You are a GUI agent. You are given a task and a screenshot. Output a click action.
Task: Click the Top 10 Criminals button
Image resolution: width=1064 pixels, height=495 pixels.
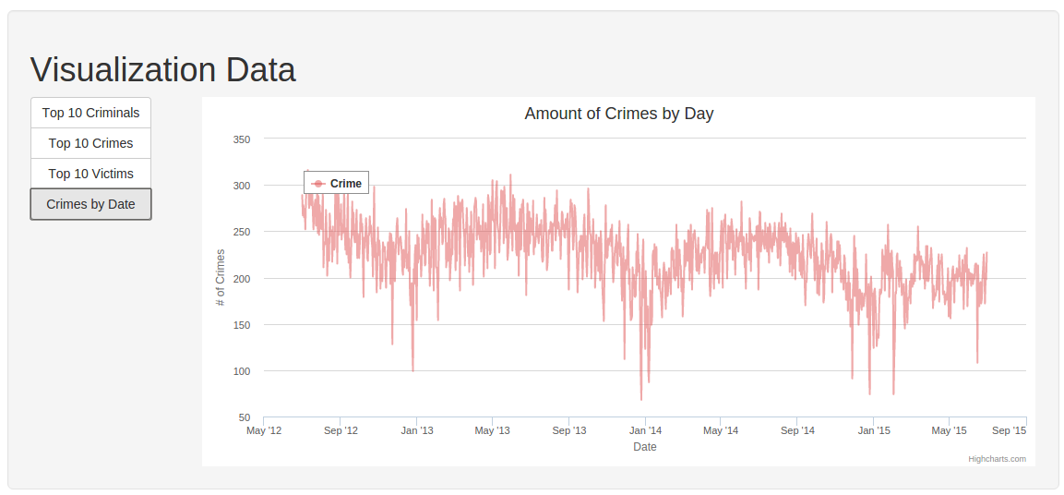91,113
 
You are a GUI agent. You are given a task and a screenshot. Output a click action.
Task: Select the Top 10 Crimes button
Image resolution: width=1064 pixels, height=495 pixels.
91,143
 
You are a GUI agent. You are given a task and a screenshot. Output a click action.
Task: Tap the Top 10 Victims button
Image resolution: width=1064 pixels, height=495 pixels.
91,174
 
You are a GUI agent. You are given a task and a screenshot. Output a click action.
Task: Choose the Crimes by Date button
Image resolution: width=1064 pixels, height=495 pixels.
91,204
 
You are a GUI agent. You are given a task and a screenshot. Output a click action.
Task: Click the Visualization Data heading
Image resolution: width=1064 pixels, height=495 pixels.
162,70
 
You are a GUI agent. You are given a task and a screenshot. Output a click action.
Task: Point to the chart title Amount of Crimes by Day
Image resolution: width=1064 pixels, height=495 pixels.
619,114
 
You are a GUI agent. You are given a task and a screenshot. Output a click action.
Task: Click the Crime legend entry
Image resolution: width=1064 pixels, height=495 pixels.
337,184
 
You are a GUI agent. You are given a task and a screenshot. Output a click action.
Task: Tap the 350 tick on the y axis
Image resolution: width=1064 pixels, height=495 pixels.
243,139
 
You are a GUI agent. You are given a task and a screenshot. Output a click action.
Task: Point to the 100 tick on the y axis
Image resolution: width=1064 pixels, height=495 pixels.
243,371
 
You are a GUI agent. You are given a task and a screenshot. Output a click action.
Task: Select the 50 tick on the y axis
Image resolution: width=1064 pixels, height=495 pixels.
245,417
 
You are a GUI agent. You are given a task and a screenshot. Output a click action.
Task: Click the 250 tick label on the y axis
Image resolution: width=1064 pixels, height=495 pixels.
243,232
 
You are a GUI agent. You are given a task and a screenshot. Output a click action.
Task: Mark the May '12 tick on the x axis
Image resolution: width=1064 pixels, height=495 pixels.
263,430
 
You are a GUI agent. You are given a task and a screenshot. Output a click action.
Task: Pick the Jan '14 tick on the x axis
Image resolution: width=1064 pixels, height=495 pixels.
645,430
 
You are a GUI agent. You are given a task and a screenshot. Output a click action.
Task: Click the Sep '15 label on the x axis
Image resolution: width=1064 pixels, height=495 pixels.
1009,430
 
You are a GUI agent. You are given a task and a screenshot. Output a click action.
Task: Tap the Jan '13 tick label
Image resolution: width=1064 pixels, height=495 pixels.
416,430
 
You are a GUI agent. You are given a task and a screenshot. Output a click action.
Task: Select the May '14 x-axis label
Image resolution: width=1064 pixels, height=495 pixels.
721,430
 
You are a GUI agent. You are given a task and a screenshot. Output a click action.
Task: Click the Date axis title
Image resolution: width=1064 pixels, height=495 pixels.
645,447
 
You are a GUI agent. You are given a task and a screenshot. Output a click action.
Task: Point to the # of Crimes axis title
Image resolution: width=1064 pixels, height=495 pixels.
220,278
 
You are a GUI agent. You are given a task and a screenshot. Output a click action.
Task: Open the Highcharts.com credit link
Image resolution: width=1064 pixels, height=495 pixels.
997,459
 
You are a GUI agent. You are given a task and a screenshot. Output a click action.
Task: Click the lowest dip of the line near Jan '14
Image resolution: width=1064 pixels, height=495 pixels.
641,400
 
